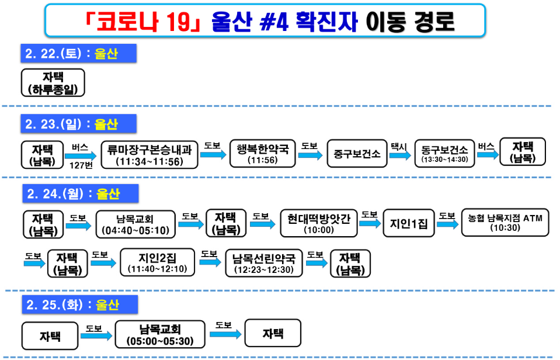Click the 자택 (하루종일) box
[x=53, y=83]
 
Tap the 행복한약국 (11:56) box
[x=262, y=154]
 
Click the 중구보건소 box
[x=357, y=154]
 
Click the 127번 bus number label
[x=81, y=165]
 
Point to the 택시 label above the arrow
[x=398, y=146]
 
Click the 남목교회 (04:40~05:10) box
[x=134, y=224]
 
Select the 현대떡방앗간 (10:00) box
[x=318, y=223]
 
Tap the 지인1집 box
[x=409, y=223]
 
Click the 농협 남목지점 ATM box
[x=505, y=223]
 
